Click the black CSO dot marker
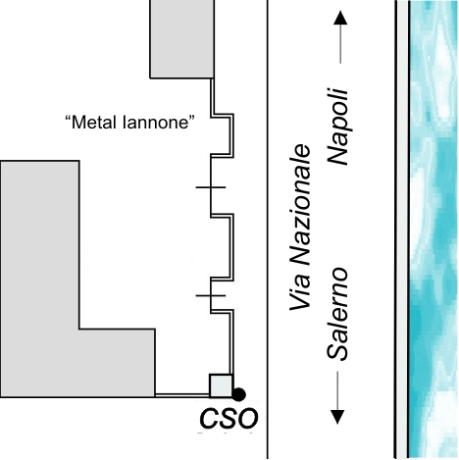click(x=238, y=394)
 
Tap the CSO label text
click(x=229, y=419)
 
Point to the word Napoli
click(x=337, y=127)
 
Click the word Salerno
click(x=337, y=314)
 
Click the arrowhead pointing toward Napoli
click(x=340, y=18)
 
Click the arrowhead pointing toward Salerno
click(x=337, y=417)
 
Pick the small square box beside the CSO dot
click(x=221, y=385)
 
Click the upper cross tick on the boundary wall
click(x=211, y=187)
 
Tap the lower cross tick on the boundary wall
click(x=211, y=295)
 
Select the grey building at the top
click(x=181, y=39)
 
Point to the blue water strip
click(x=433, y=230)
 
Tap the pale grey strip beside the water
click(x=402, y=230)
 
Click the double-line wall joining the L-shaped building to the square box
click(x=182, y=395)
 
